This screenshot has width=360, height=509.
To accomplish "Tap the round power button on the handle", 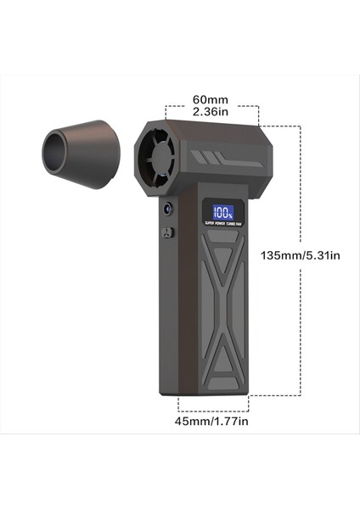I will [167, 208].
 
